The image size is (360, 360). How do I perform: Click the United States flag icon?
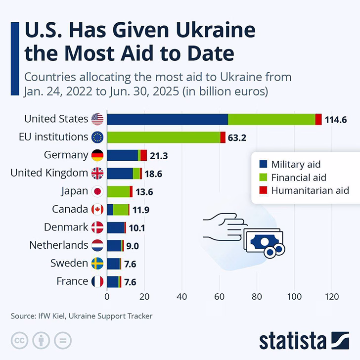[x=97, y=119]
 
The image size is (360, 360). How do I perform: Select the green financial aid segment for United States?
[x=271, y=119]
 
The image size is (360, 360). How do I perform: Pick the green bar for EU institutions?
[x=164, y=137]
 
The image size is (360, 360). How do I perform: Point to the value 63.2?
[x=237, y=137]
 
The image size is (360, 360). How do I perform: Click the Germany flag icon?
[x=97, y=155]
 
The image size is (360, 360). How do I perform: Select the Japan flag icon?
[x=97, y=191]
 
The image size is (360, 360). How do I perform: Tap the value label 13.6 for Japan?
[x=143, y=191]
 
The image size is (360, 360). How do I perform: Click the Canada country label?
[x=70, y=209]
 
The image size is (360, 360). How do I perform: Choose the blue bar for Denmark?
[x=115, y=227]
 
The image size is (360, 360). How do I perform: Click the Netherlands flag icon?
[x=97, y=245]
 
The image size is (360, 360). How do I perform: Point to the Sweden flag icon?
[x=97, y=264]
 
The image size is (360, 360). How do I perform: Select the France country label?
[x=72, y=281]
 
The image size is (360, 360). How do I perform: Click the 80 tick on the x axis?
[x=257, y=297]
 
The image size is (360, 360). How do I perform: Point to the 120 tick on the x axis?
[x=331, y=297]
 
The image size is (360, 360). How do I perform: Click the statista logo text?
[x=293, y=341]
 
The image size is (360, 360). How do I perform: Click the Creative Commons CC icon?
[x=20, y=340]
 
